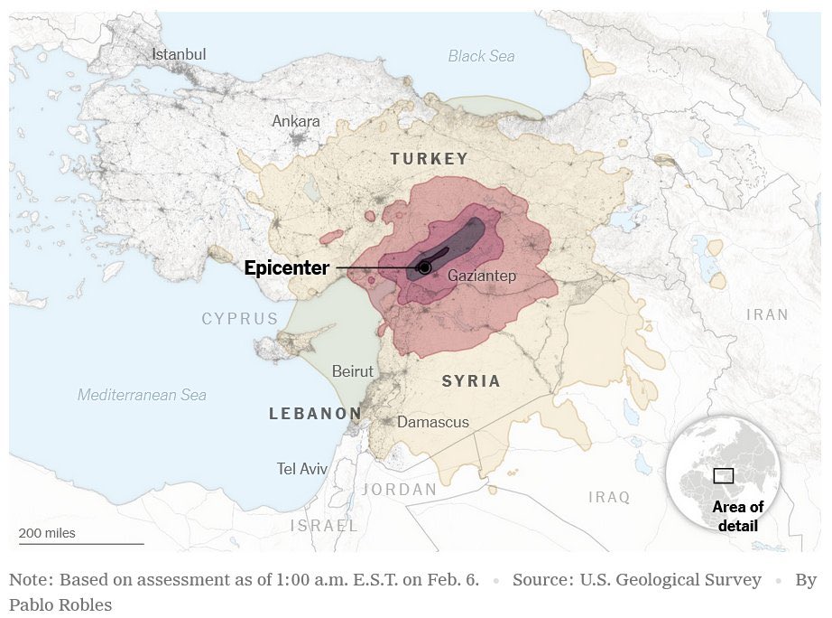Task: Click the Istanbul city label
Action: [x=179, y=54]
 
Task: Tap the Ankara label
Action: [x=296, y=121]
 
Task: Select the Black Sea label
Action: [x=481, y=56]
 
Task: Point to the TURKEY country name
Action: [x=430, y=159]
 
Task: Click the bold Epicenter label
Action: [x=287, y=268]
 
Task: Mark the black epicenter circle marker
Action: [x=424, y=268]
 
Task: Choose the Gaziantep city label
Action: [x=482, y=276]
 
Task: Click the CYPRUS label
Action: [x=240, y=319]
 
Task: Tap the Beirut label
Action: [x=352, y=371]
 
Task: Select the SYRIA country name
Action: [x=471, y=381]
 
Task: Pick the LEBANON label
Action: [x=315, y=414]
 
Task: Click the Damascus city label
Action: [x=433, y=422]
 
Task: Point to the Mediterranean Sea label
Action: [x=142, y=395]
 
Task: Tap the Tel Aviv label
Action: [x=302, y=469]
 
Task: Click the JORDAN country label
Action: [x=400, y=490]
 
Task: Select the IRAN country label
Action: [x=767, y=315]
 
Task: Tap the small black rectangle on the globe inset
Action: [x=723, y=476]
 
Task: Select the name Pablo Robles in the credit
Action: [x=60, y=604]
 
